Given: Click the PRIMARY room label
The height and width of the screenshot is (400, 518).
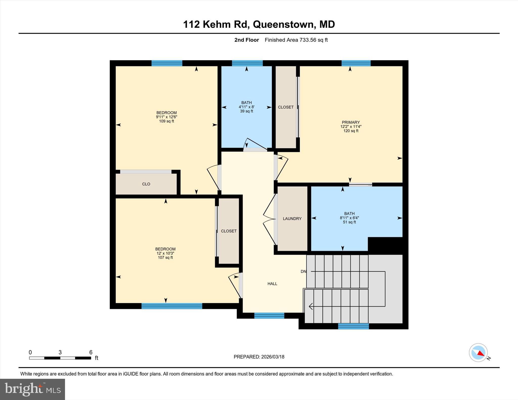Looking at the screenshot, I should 351,122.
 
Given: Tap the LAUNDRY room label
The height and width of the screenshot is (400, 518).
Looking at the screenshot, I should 292,219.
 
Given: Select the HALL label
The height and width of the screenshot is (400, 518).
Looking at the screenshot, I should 272,284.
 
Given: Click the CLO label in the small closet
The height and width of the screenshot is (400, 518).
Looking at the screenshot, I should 146,184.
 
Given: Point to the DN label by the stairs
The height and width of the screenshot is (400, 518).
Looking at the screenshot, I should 303,271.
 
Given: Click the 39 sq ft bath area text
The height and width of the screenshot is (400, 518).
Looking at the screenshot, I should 247,111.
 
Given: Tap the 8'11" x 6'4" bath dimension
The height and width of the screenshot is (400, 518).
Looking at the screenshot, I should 349,218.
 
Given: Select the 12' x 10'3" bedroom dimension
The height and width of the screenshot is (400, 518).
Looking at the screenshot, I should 165,253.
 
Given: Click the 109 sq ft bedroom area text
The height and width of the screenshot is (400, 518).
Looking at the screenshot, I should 166,121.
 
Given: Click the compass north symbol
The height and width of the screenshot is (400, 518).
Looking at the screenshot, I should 478,352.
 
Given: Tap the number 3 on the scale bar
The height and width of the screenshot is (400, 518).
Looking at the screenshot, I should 60,352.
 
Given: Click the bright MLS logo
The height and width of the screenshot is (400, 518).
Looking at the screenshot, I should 32,389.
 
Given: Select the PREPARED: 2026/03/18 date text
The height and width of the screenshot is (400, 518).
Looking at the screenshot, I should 259,357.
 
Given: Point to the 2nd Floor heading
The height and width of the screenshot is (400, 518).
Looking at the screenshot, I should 247,40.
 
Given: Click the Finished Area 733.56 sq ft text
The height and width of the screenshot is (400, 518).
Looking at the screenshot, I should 296,40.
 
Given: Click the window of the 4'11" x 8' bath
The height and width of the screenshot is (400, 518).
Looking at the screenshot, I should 247,63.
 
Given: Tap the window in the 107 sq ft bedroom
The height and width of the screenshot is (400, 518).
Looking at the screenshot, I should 172,306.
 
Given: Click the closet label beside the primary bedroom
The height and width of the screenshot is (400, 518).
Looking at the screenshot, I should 286,107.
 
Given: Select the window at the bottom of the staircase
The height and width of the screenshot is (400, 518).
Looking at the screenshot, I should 353,326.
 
